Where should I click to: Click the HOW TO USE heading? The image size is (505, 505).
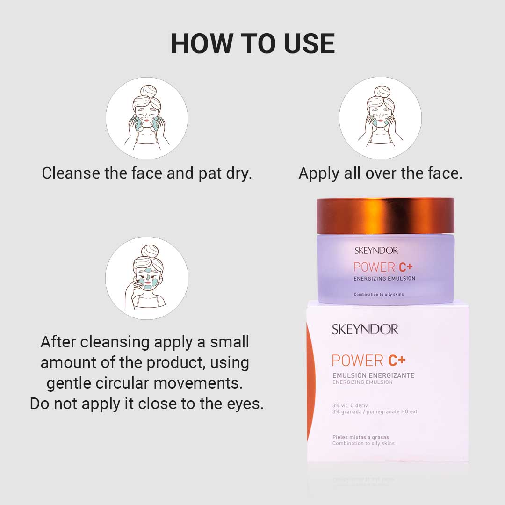(x=253, y=44)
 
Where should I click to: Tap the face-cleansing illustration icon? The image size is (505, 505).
(x=147, y=118)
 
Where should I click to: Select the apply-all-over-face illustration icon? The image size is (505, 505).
(x=380, y=118)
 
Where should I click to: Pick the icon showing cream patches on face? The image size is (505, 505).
(x=147, y=278)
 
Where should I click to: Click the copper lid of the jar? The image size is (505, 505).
(x=385, y=216)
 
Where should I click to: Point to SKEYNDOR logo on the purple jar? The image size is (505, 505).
(x=376, y=251)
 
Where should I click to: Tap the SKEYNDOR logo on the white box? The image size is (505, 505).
(x=365, y=330)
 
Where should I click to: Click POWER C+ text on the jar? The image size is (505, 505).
(x=383, y=267)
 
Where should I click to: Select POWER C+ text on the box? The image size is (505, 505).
(x=368, y=361)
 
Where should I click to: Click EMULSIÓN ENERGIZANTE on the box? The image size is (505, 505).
(x=373, y=375)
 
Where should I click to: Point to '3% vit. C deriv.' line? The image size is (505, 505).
(x=350, y=405)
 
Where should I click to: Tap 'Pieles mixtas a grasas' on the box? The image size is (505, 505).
(x=361, y=437)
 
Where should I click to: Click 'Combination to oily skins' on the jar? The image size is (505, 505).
(x=378, y=294)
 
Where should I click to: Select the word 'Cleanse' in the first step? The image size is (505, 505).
(x=71, y=173)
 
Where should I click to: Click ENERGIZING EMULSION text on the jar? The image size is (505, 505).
(x=384, y=279)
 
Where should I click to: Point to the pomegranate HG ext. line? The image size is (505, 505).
(x=375, y=411)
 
